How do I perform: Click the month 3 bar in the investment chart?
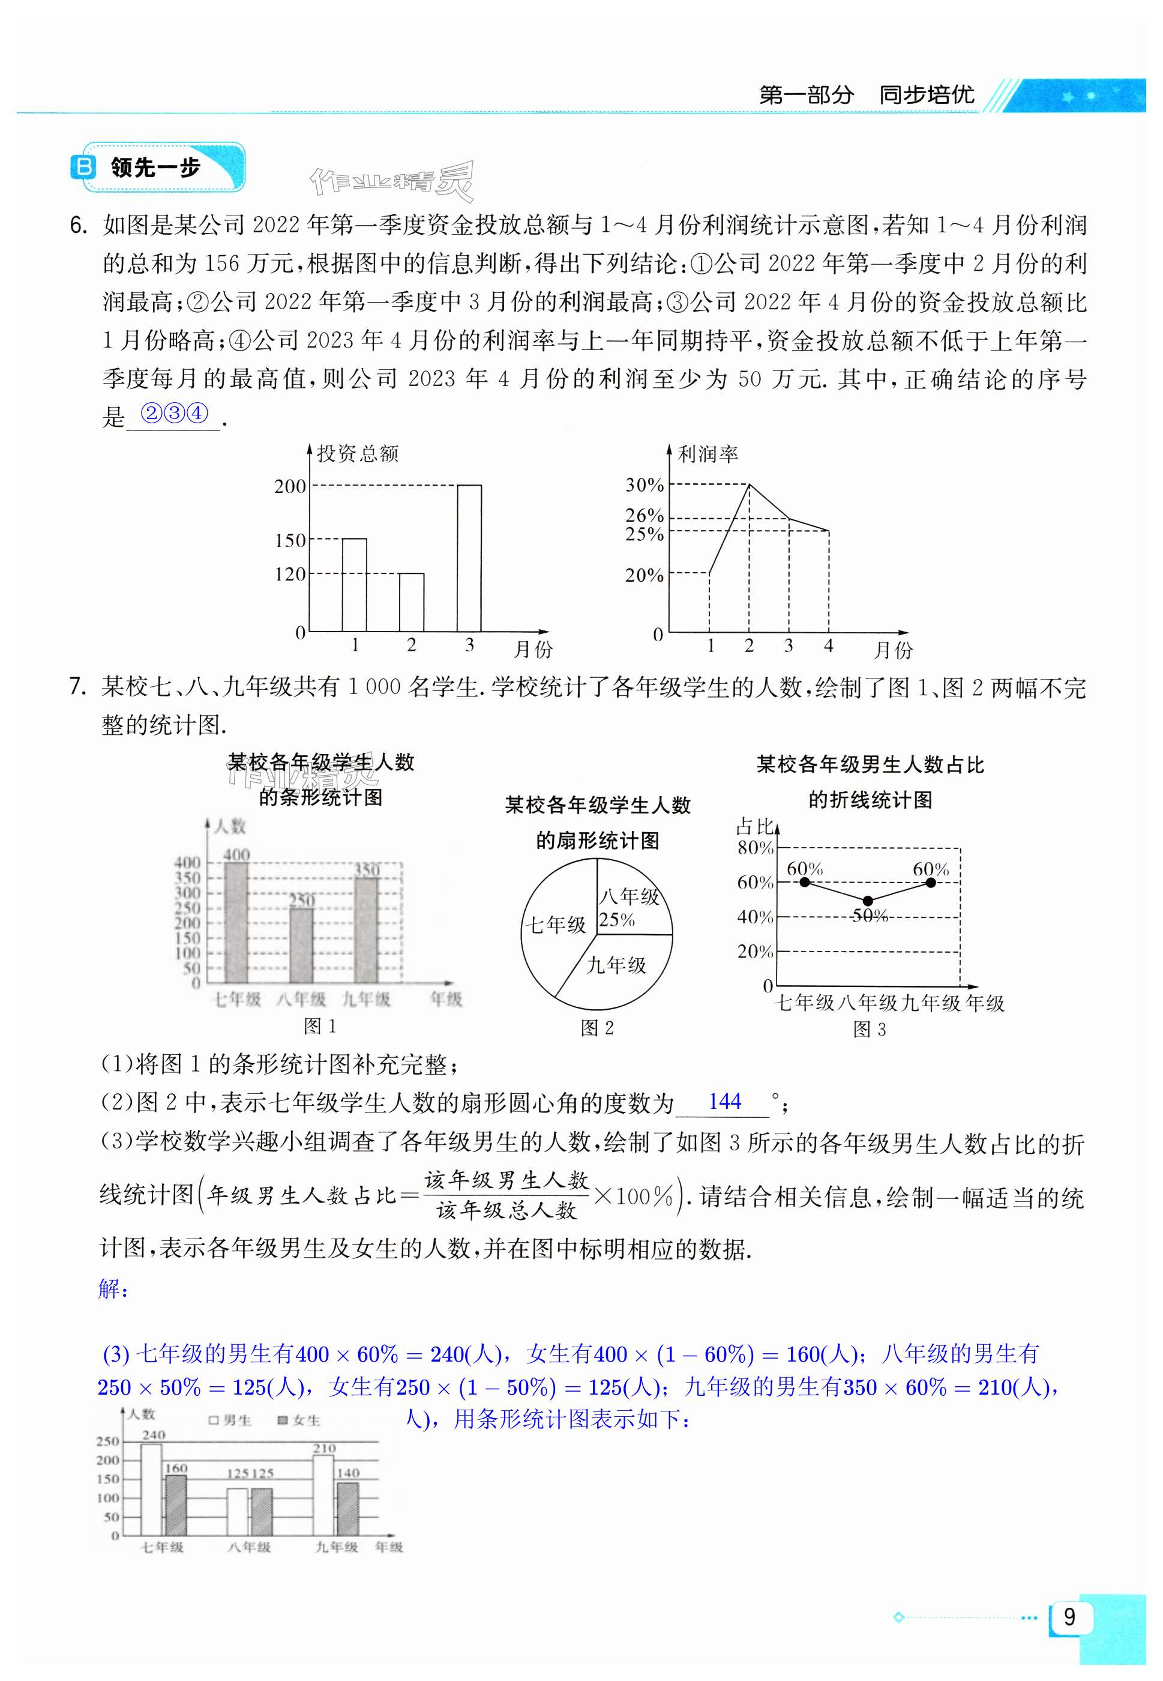[x=469, y=558]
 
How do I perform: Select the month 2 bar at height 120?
[x=411, y=602]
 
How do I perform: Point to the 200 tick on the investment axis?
[x=290, y=486]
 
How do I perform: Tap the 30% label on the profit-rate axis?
[x=644, y=484]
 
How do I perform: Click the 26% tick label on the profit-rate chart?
[x=644, y=515]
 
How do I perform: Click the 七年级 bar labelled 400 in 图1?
[x=236, y=922]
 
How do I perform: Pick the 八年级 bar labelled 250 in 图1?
[x=302, y=946]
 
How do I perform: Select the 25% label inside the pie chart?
[x=616, y=921]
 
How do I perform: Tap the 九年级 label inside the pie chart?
[x=616, y=965]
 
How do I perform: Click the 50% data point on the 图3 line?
[x=867, y=901]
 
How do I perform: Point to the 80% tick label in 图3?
[x=755, y=848]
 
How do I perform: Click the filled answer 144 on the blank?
[x=724, y=1102]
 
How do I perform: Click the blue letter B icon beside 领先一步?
[x=83, y=167]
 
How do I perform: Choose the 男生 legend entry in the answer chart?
[x=230, y=1420]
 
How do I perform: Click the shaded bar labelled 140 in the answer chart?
[x=347, y=1509]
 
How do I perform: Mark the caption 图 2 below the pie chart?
[x=597, y=1028]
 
